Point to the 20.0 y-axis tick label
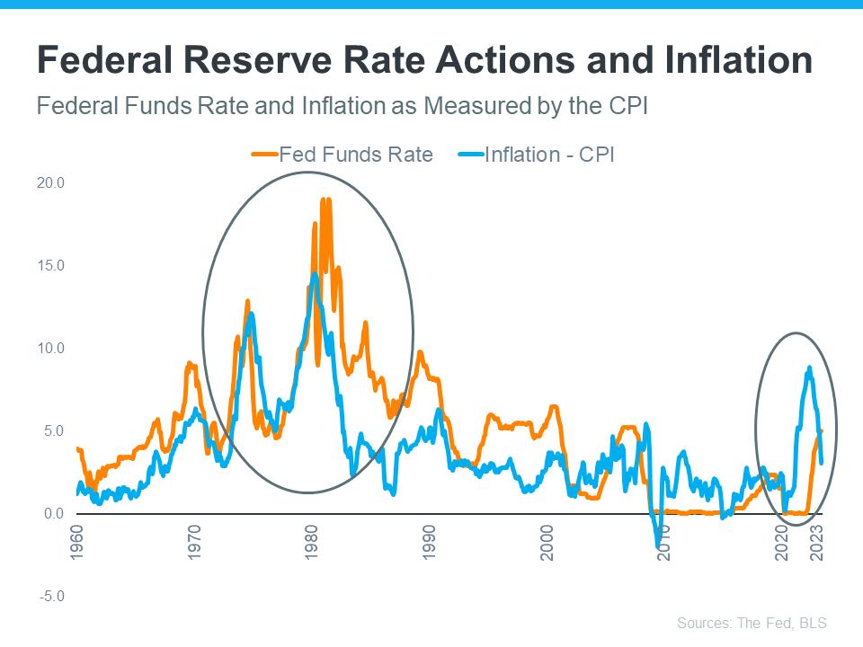pos(52,182)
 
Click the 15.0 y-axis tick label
pos(52,265)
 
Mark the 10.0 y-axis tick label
pos(52,348)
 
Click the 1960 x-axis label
pos(77,545)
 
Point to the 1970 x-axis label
pos(195,545)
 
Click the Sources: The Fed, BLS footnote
pos(752,623)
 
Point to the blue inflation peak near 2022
pos(809,368)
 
